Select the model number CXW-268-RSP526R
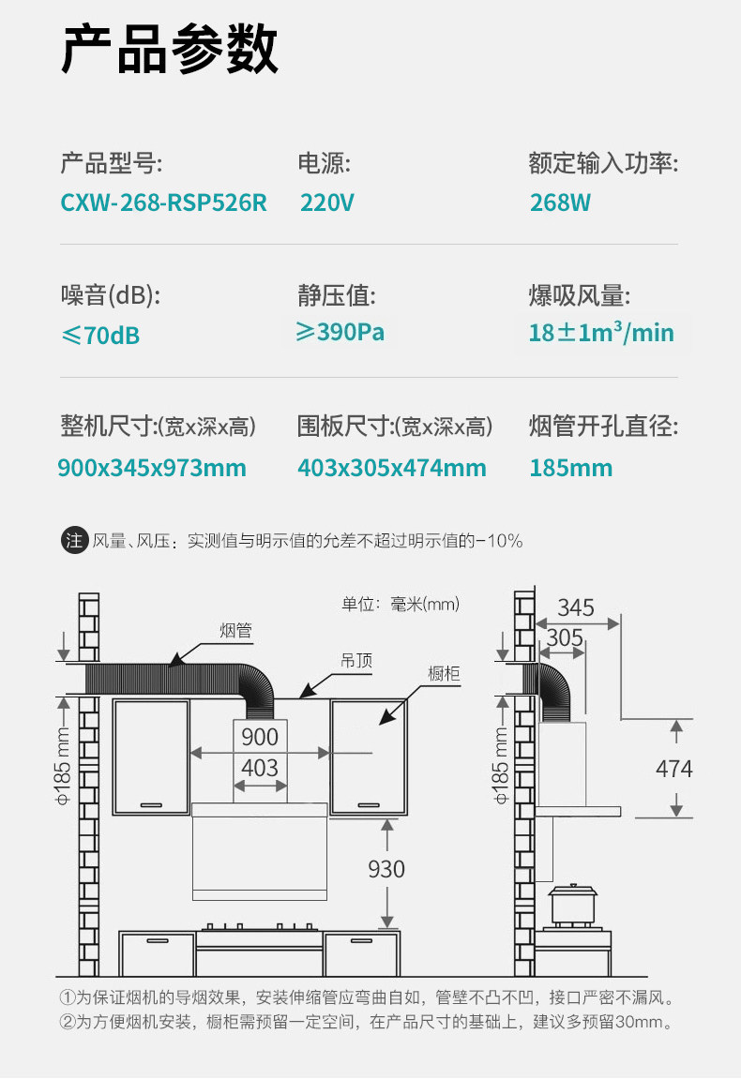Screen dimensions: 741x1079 164,202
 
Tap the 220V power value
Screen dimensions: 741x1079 327,202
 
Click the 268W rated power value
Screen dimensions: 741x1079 560,202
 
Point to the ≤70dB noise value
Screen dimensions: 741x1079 100,335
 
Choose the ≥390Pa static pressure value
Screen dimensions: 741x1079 340,332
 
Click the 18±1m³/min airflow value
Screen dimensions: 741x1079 601,333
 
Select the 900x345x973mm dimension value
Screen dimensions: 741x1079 152,468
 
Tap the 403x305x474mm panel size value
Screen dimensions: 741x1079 392,468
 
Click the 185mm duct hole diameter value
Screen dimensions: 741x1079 570,468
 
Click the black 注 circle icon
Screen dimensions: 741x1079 74,541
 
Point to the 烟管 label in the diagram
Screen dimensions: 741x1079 236,630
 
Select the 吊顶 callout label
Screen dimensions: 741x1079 356,661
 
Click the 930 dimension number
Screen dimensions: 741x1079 386,869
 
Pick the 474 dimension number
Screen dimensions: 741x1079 673,769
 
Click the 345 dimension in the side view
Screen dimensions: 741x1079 576,607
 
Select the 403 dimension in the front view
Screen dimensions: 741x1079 260,768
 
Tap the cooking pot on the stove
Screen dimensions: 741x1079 569,903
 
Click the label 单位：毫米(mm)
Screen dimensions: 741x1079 400,604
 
